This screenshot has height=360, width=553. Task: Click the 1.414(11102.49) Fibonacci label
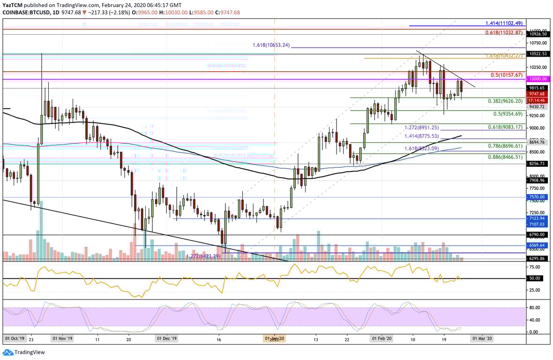click(503, 22)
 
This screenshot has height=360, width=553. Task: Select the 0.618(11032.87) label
click(504, 32)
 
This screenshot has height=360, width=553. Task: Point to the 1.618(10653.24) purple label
click(271, 45)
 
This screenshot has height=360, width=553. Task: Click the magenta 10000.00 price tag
click(537, 79)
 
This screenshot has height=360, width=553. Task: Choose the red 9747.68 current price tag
click(537, 94)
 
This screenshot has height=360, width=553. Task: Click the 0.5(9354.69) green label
click(508, 114)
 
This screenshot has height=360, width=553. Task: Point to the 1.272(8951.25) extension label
click(422, 127)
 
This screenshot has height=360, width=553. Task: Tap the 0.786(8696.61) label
click(505, 146)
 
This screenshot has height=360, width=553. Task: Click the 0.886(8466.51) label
click(505, 157)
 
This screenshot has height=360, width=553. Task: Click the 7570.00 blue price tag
click(537, 197)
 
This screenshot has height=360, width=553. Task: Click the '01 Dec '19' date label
click(167, 338)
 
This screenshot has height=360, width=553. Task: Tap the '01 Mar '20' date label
click(482, 338)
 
